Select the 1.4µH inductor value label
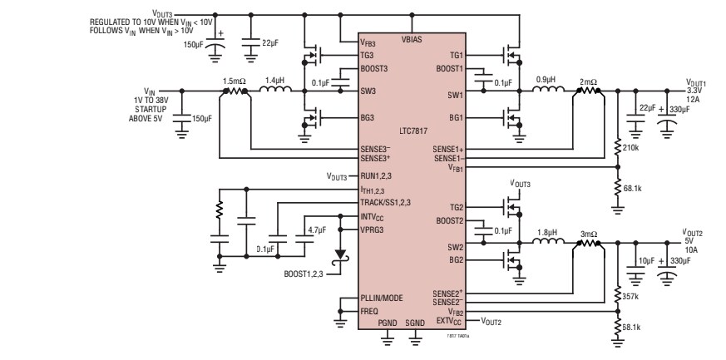tap(274, 81)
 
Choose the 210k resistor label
tap(630, 148)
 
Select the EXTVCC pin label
tap(447, 319)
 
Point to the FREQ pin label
tap(369, 311)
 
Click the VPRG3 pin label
tap(373, 229)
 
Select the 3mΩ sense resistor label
tap(588, 234)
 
